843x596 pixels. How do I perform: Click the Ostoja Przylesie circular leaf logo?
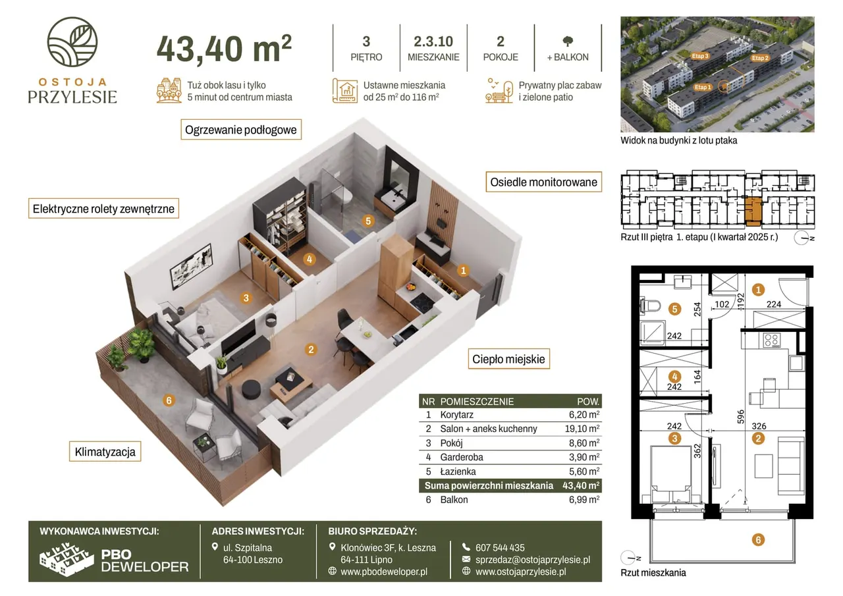pyautogui.click(x=72, y=41)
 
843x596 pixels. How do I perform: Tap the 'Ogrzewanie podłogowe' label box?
pyautogui.click(x=241, y=130)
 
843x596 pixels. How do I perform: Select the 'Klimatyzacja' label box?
pyautogui.click(x=105, y=452)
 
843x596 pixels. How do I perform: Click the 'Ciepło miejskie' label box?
pyautogui.click(x=508, y=359)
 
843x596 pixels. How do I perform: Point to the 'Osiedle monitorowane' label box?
pyautogui.click(x=543, y=182)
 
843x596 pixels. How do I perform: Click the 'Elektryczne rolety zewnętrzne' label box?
pyautogui.click(x=103, y=209)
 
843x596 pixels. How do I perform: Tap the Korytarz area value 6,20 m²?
pyautogui.click(x=584, y=415)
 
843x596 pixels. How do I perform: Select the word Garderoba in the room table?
pyautogui.click(x=462, y=457)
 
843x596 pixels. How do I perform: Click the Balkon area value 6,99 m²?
pyautogui.click(x=584, y=500)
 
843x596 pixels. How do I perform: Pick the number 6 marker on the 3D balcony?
pyautogui.click(x=169, y=400)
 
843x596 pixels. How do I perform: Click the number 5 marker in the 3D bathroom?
pyautogui.click(x=368, y=221)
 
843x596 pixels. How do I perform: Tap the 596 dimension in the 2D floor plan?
pyautogui.click(x=740, y=416)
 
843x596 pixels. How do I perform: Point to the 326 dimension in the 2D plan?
pyautogui.click(x=759, y=426)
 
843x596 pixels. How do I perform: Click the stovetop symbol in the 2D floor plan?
pyautogui.click(x=771, y=340)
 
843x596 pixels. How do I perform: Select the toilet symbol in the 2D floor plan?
pyautogui.click(x=650, y=305)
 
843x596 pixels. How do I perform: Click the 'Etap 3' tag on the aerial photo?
pyautogui.click(x=700, y=56)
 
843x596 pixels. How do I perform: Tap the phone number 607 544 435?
pyautogui.click(x=500, y=547)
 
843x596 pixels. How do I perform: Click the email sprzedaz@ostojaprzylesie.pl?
pyautogui.click(x=533, y=560)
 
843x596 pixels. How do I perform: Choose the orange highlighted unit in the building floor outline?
pyautogui.click(x=753, y=211)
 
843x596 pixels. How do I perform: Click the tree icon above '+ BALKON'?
pyautogui.click(x=568, y=41)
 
